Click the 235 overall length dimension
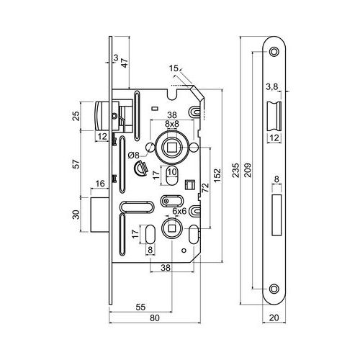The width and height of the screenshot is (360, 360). coord(236,170)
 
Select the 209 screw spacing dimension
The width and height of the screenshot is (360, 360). coord(248,170)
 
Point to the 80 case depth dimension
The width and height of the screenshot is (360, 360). coord(155,318)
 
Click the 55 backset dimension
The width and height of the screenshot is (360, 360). coord(140,307)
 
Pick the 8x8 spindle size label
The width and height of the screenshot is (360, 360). coord(172,124)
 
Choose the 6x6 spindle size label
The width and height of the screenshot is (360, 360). coord(179,211)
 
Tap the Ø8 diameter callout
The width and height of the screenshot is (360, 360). coord(134,156)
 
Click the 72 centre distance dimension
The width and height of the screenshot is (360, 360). coord(205,187)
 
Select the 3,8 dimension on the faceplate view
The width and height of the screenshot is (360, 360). coord(272,87)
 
